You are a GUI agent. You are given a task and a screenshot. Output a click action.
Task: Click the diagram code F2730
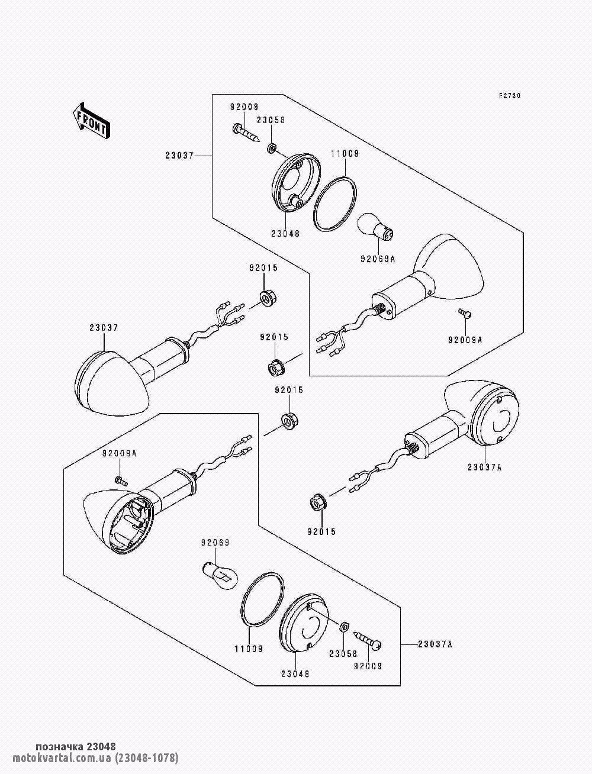(510, 96)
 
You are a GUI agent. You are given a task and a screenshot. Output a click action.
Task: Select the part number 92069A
(378, 259)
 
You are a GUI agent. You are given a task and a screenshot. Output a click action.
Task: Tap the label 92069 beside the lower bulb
(215, 543)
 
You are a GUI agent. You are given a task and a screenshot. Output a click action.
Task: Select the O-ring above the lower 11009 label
(262, 605)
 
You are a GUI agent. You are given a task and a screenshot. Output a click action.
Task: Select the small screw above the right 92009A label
(465, 313)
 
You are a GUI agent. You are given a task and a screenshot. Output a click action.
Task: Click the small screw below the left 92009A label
(121, 480)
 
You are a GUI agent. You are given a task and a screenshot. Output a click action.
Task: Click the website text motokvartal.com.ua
(62, 757)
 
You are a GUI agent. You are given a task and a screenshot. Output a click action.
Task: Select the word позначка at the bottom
(60, 746)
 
